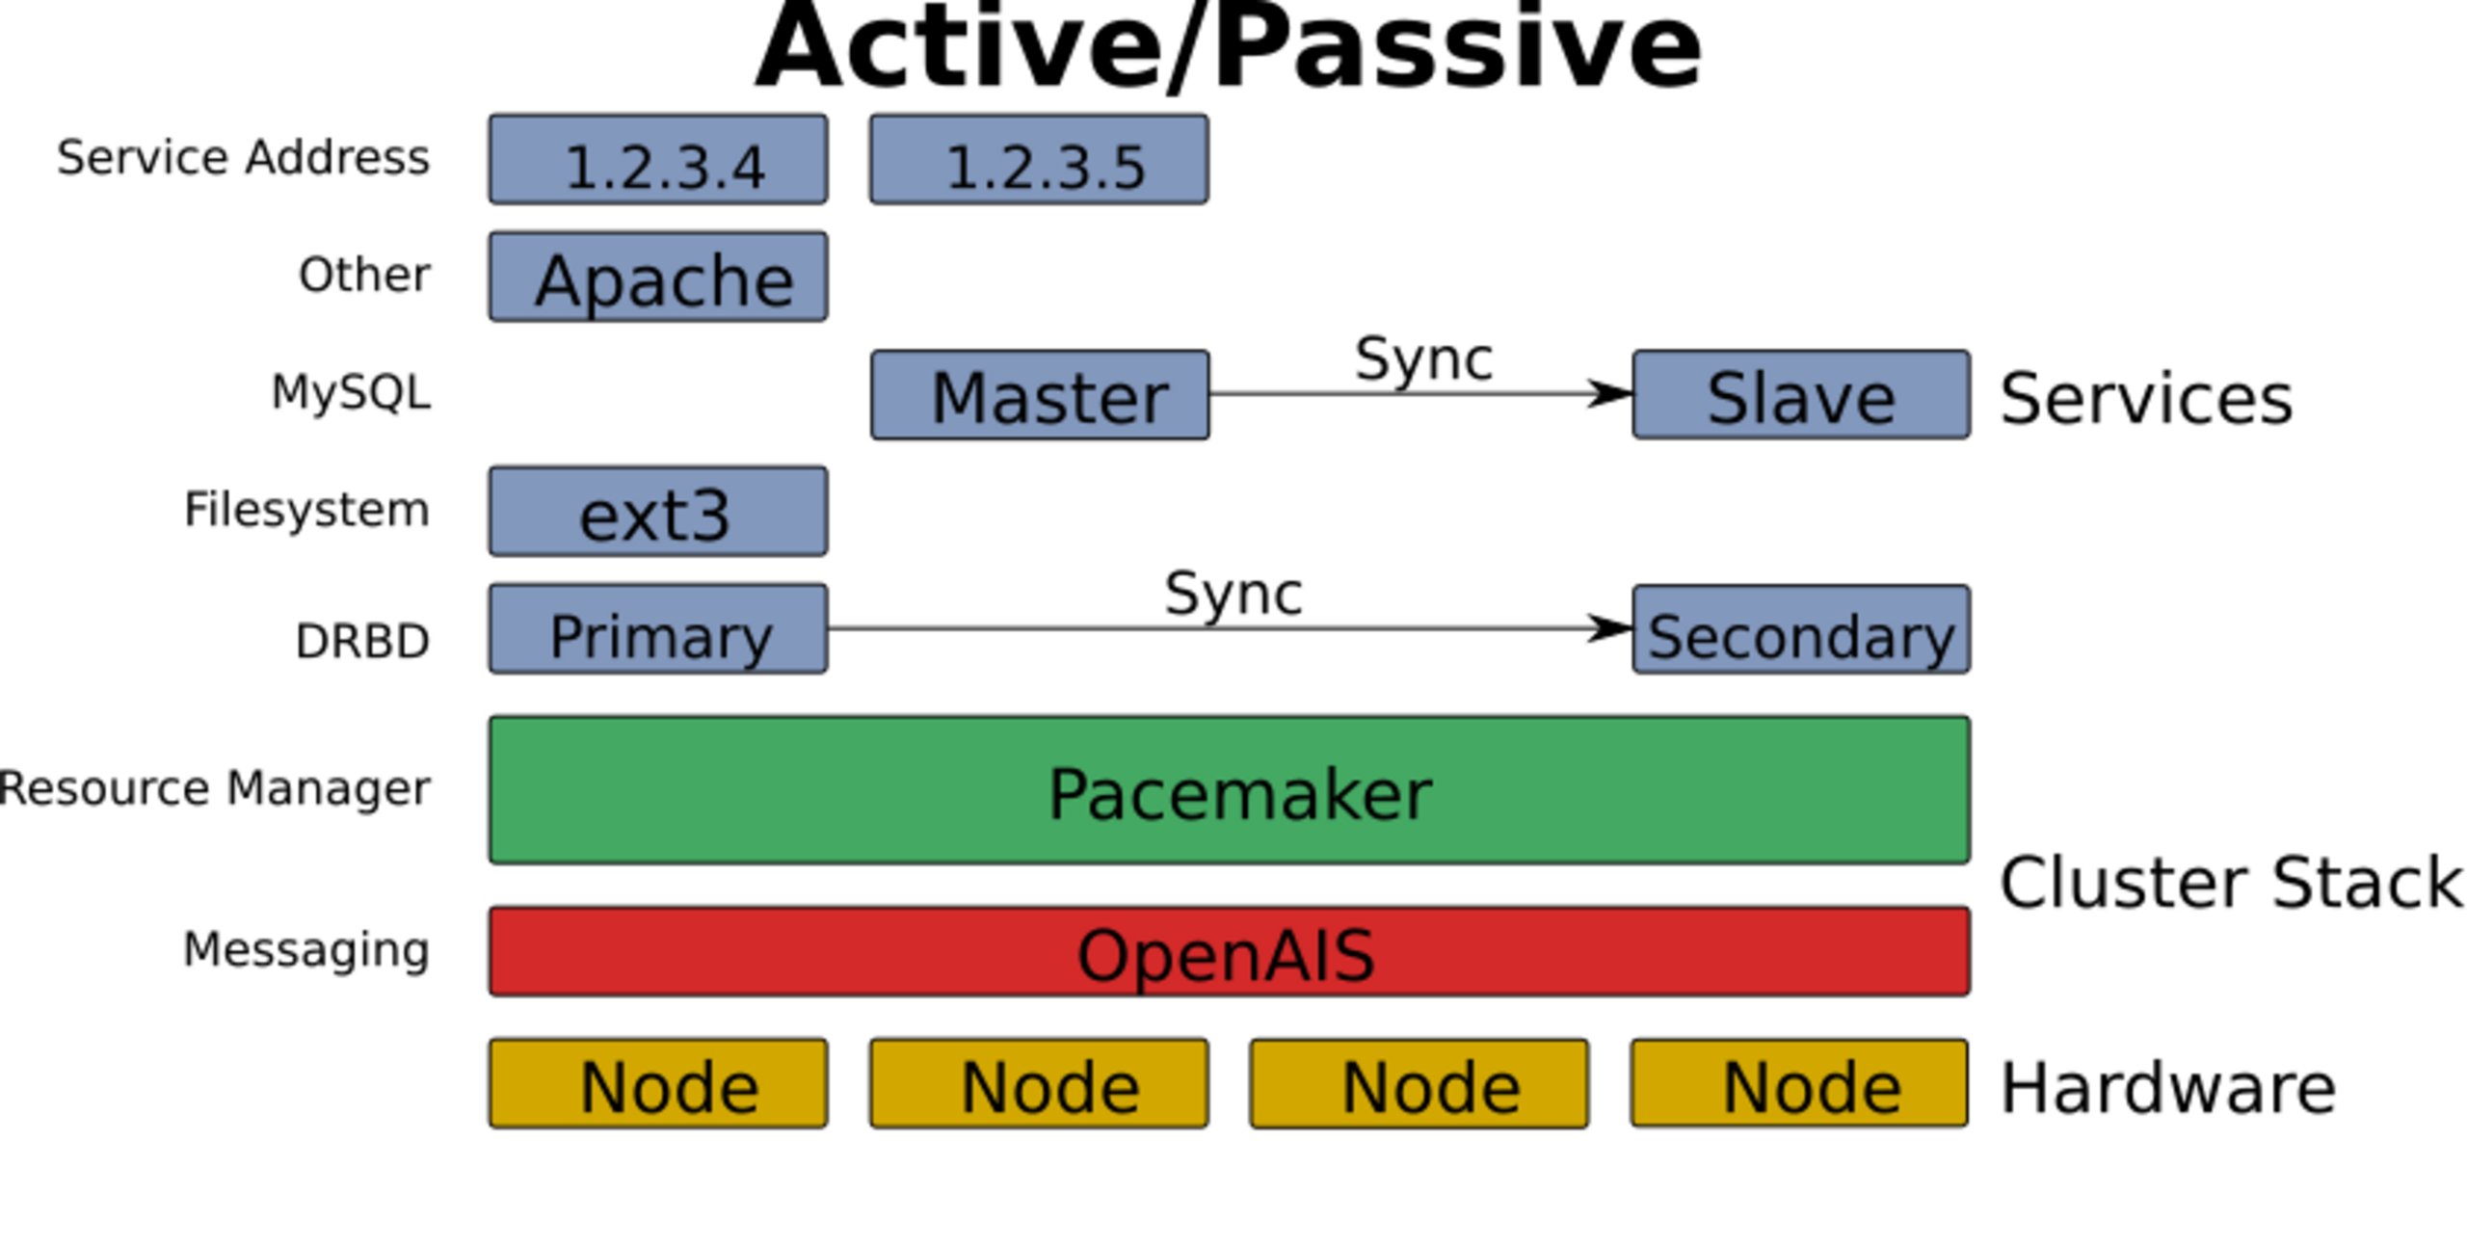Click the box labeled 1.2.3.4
click(658, 160)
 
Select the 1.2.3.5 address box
click(1039, 160)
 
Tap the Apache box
click(658, 278)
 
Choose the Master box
click(1039, 395)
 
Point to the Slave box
click(1801, 395)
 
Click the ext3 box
click(658, 513)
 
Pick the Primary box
click(658, 630)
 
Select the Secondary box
click(1801, 630)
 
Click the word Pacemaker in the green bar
click(1239, 794)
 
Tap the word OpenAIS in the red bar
click(1225, 955)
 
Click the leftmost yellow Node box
click(658, 1084)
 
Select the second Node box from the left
click(1039, 1084)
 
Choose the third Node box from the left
click(1419, 1084)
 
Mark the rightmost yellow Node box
click(1799, 1084)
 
